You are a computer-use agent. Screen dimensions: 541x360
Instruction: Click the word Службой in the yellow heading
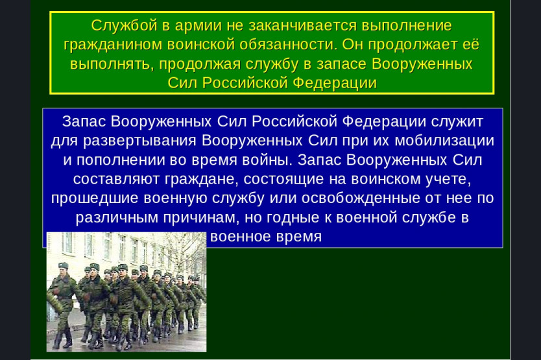pyautogui.click(x=125, y=26)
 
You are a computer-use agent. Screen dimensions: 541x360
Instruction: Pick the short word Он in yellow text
pyautogui.click(x=353, y=45)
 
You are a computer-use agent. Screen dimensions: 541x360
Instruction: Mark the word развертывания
pyautogui.click(x=139, y=141)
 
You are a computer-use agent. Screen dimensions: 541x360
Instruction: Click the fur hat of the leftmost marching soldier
pyautogui.click(x=63, y=266)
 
